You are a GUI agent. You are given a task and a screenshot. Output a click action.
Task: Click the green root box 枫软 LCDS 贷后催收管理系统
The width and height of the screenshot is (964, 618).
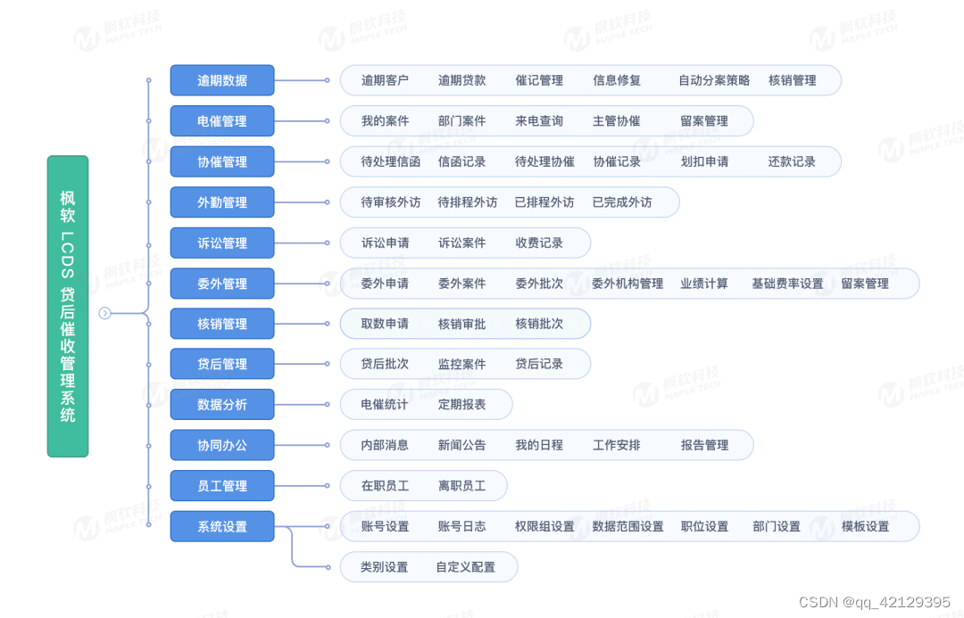click(68, 306)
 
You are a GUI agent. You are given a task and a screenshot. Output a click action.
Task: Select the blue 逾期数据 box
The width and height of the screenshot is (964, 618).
click(222, 80)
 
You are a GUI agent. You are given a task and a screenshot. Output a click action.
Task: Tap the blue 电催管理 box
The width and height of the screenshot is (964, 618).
click(222, 120)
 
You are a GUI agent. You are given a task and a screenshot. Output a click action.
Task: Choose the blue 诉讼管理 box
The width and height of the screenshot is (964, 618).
click(222, 243)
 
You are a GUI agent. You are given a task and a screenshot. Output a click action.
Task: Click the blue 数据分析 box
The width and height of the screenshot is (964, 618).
click(222, 405)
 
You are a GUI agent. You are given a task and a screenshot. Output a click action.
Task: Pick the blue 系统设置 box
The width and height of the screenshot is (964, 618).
click(222, 526)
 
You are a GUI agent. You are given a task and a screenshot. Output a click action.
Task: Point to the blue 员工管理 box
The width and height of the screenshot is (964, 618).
click(222, 486)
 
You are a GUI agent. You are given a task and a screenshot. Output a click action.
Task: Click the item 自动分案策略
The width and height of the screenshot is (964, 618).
click(714, 80)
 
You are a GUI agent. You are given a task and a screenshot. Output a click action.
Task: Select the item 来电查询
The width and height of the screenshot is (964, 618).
click(539, 120)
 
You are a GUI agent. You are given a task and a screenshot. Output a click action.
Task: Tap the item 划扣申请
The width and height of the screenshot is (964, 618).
click(704, 161)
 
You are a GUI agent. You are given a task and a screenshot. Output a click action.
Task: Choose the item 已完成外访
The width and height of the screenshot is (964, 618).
click(622, 202)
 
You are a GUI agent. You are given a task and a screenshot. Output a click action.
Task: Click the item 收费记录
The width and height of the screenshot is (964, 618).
click(539, 243)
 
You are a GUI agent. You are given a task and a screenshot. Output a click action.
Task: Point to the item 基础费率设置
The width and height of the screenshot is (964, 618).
click(787, 284)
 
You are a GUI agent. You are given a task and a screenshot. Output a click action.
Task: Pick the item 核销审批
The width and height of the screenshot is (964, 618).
click(461, 324)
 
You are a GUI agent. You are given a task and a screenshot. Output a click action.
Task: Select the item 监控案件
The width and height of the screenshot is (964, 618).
click(461, 364)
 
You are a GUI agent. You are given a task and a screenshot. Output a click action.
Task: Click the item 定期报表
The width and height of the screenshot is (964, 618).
click(461, 405)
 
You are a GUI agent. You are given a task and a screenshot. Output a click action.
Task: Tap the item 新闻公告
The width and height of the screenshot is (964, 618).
click(461, 445)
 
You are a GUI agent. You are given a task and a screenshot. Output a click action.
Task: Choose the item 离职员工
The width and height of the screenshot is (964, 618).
click(461, 486)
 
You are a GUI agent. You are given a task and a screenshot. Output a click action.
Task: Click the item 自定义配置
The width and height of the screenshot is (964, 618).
click(465, 567)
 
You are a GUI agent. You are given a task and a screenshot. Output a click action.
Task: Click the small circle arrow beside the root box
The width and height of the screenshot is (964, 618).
click(104, 313)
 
